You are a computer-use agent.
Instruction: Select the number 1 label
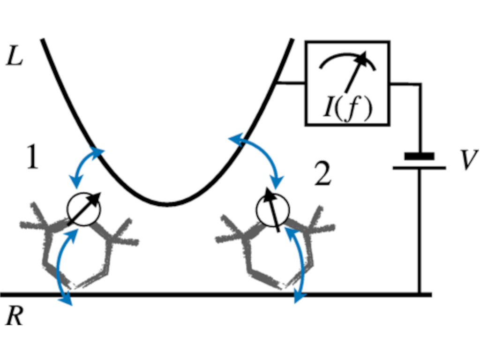point(32,158)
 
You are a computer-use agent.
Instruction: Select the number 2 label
point(322,175)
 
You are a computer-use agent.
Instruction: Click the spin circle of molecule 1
point(83,210)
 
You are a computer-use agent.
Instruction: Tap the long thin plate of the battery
point(419,167)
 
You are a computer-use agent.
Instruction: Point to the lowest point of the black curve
point(167,204)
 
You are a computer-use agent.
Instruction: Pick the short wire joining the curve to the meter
point(291,83)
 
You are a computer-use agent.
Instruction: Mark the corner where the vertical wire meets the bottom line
point(420,294)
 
